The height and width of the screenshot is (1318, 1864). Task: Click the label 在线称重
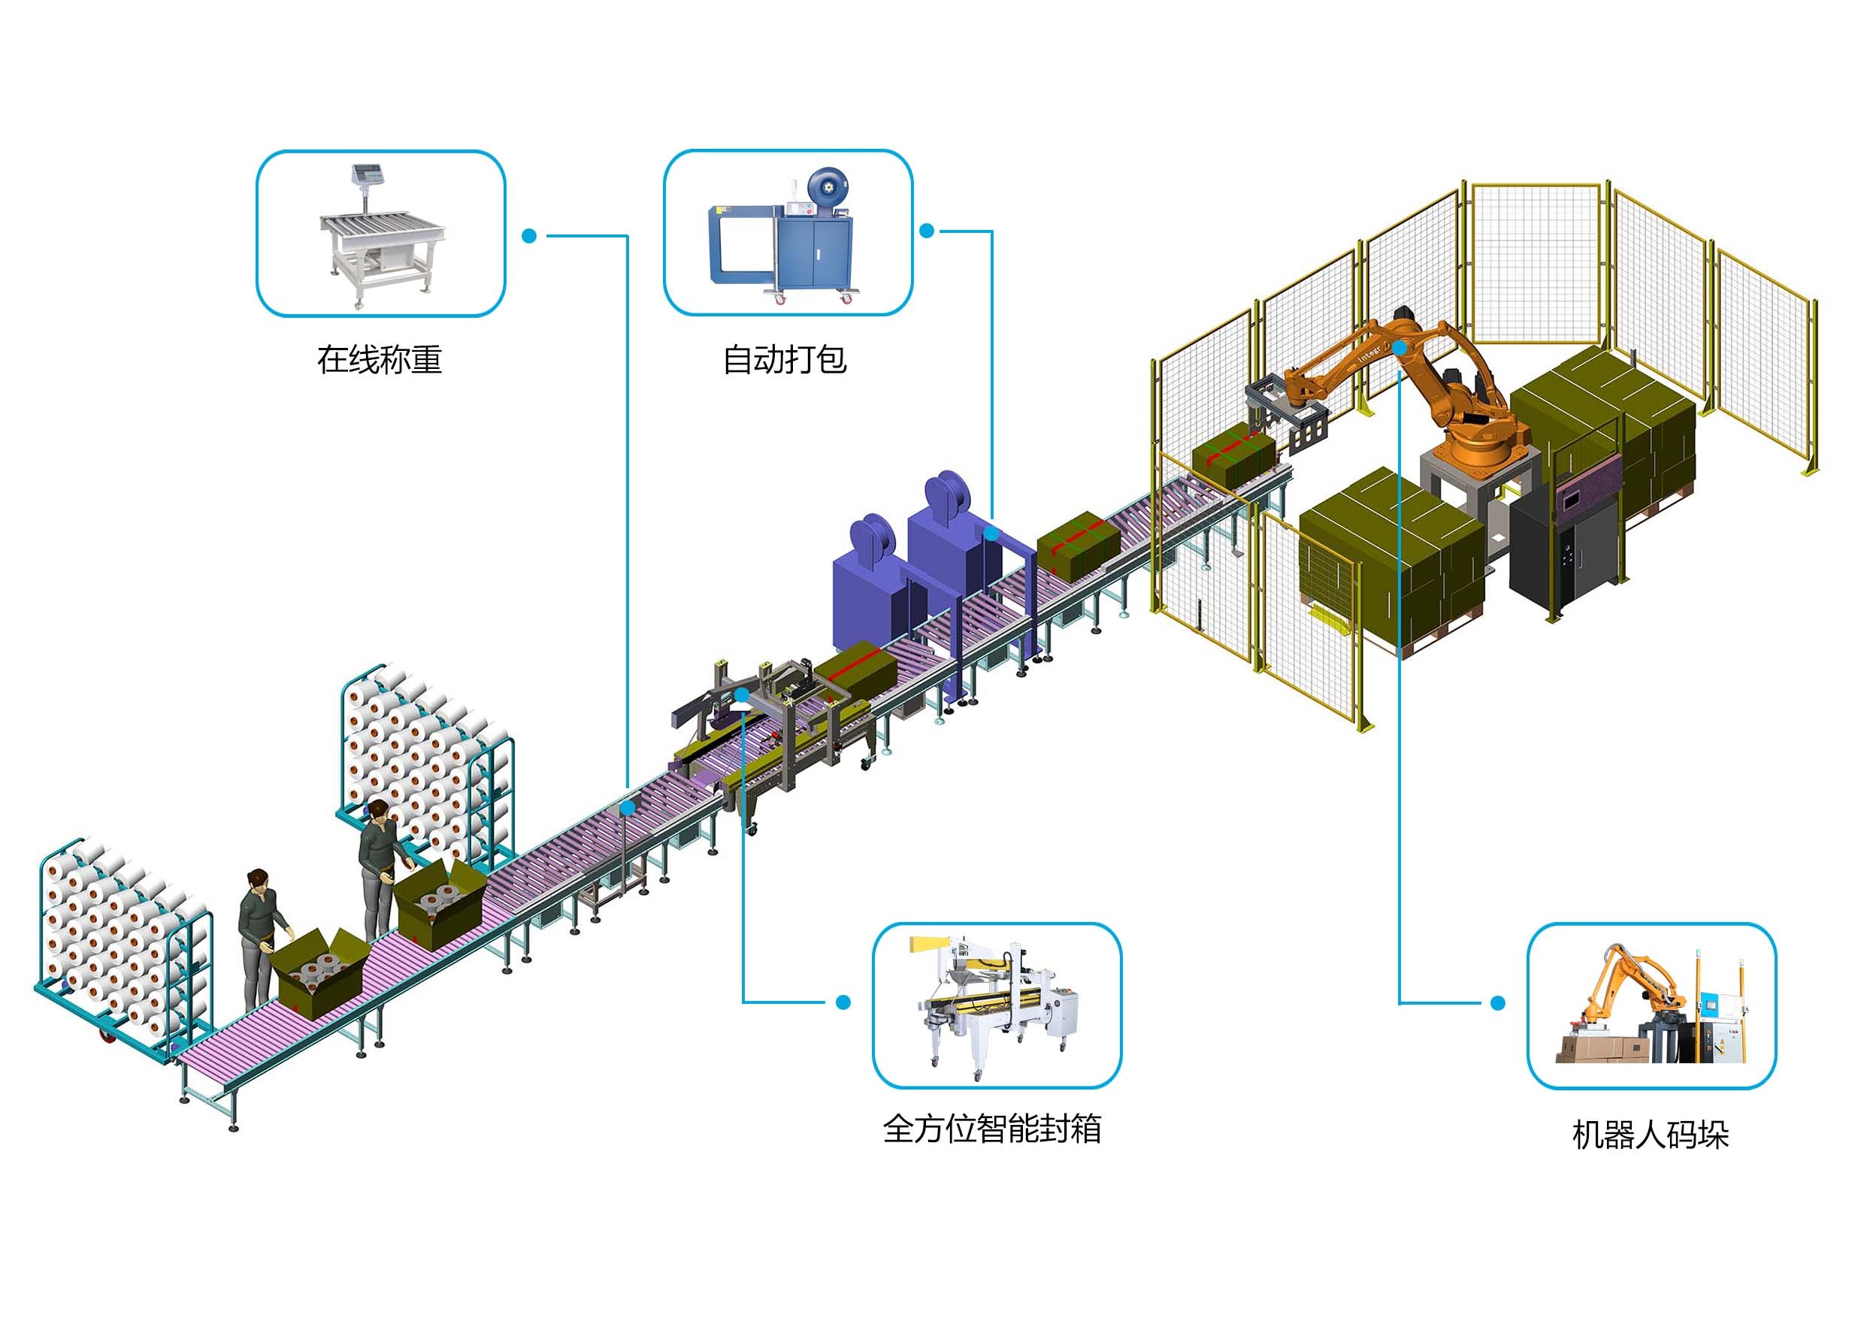(379, 359)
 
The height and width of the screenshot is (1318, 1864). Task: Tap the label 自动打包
(784, 359)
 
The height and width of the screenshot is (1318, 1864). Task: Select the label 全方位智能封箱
(991, 1129)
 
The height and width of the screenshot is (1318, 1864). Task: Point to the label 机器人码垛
(1651, 1135)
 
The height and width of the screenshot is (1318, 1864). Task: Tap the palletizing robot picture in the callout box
(1651, 1006)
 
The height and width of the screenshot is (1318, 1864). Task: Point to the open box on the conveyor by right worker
(439, 905)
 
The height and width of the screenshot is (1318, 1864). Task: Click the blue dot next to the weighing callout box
(529, 236)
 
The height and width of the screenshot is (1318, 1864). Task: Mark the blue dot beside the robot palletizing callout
(1498, 1004)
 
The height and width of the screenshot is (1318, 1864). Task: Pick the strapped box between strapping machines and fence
(1077, 546)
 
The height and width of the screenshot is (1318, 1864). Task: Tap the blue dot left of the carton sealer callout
(843, 1002)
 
